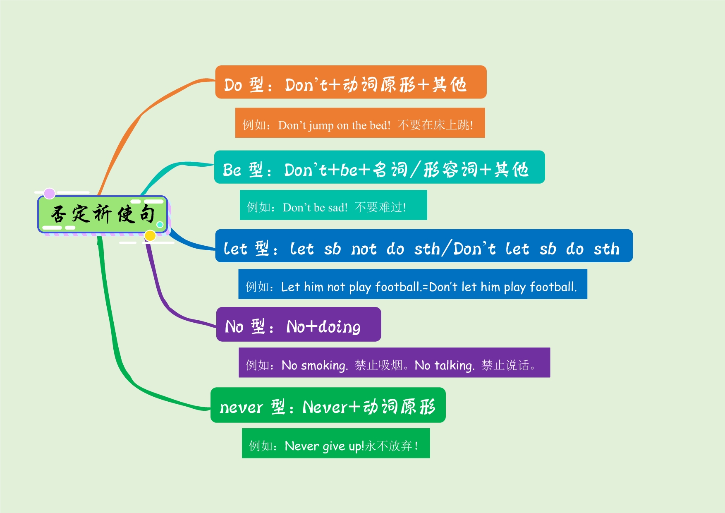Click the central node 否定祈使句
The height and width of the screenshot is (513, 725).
pos(103,214)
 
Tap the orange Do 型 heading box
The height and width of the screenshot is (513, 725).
pos(351,82)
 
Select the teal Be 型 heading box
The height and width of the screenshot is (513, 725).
pos(379,167)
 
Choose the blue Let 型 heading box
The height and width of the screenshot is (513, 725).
pos(424,246)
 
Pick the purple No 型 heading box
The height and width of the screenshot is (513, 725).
pos(299,324)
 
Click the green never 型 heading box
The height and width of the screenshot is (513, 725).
pos(328,405)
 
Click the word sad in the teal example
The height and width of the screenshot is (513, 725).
pos(338,207)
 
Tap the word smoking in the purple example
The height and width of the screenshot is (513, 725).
pos(325,366)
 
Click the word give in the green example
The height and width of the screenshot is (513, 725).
pos(334,446)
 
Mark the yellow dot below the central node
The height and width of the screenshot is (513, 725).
pos(150,235)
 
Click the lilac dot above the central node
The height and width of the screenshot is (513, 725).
pos(50,193)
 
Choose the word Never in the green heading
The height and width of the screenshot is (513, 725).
pos(325,407)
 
